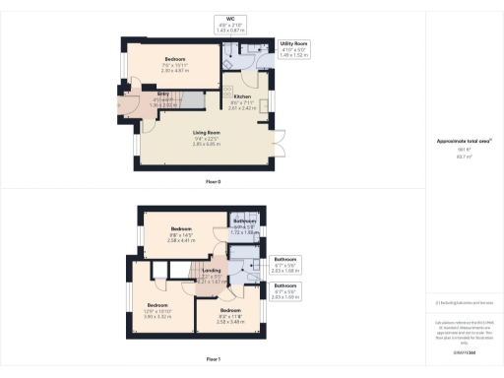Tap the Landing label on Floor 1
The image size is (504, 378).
211,275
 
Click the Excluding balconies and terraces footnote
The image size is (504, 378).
464,302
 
